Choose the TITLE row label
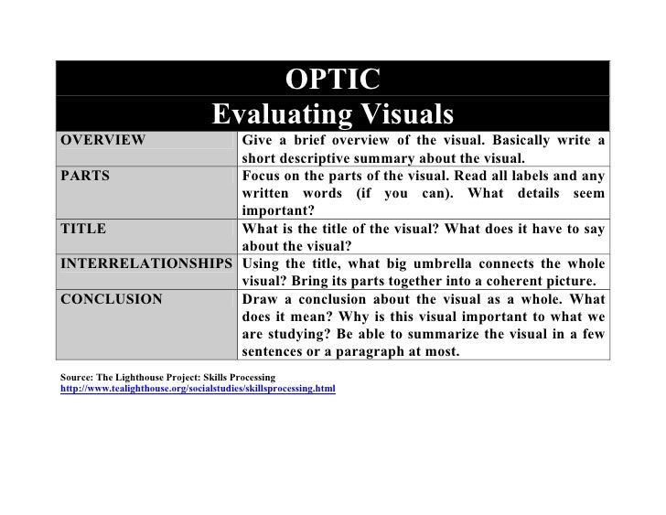tap(83, 229)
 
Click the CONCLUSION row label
tap(111, 298)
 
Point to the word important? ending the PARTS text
tap(273, 209)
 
